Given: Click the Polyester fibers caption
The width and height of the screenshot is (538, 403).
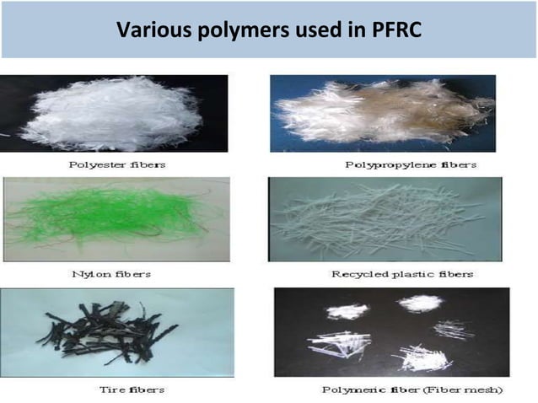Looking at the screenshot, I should tap(116, 164).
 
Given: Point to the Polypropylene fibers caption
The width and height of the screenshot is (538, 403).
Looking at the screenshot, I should tap(411, 164).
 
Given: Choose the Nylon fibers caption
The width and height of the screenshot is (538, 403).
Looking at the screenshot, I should tap(116, 274).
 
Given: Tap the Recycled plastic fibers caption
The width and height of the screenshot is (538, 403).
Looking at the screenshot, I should tap(401, 274).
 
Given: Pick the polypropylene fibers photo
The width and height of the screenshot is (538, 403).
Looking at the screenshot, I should tap(383, 114).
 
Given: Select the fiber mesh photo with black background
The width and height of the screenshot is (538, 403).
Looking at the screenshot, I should tap(390, 332).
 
